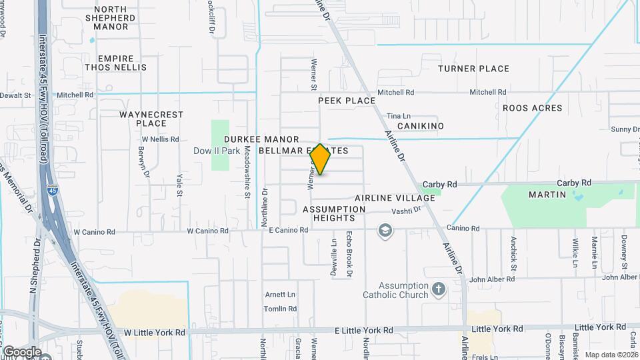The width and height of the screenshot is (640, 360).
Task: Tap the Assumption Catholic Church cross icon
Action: [x=438, y=289]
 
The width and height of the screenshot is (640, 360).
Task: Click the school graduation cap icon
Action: [x=385, y=231]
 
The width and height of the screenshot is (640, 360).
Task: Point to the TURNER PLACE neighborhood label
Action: [x=473, y=69]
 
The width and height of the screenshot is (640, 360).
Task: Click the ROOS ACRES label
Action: [x=532, y=108]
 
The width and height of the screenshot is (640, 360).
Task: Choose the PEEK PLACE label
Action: [x=347, y=101]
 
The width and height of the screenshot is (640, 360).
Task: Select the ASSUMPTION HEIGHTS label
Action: [x=334, y=214]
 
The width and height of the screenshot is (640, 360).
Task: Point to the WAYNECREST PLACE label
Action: [x=151, y=119]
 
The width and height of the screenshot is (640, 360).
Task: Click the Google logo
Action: [x=21, y=351]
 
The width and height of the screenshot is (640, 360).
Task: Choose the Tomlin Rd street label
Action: [x=280, y=309]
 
